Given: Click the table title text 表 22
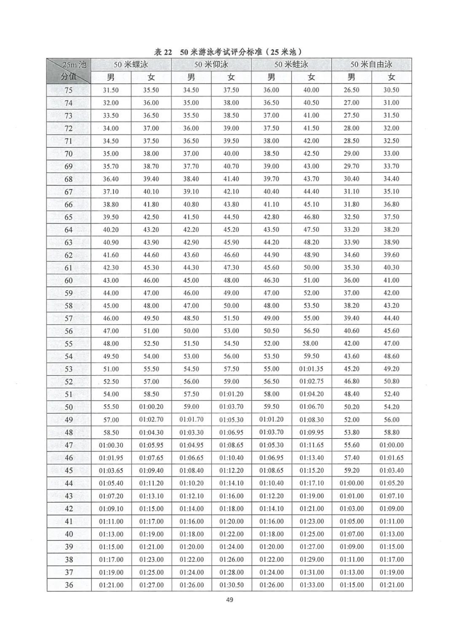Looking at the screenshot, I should pos(163,52).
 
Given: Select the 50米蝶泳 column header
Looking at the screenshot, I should pos(131,64).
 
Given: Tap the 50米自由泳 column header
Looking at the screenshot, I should pos(371,64).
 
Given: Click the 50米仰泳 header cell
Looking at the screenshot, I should pos(211,64).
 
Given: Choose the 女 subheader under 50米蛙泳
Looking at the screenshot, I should pos(311,77).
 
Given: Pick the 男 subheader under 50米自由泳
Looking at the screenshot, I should pos(351,77).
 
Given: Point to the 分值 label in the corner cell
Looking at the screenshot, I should pos(69,77).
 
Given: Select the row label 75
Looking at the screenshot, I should pos(69,90).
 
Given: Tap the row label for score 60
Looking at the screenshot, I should pos(69,280).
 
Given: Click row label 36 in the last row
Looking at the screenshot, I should pos(69,585).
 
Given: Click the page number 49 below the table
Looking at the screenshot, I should pos(229,600).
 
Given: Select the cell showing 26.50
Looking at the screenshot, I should pos(351,90).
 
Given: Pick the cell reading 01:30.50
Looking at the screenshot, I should pos(231,585).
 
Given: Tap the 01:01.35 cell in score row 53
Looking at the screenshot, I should pos(311,369).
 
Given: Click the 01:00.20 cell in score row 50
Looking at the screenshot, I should pos(151,407).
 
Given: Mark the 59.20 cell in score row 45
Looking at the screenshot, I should pos(351,470).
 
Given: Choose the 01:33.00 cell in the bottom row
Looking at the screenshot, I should pos(311,585).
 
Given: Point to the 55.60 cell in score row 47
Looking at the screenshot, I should pos(351,445).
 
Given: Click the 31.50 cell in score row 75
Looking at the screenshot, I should pos(111,90).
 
